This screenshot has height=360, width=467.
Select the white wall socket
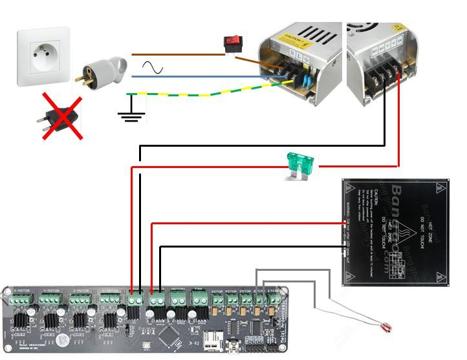43,56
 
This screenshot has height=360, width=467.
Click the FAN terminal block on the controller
197,299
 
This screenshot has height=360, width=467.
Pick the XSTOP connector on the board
218,300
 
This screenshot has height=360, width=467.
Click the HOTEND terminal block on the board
178,299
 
